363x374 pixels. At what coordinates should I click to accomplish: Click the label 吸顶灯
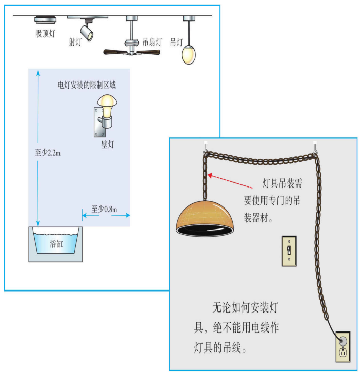(45, 33)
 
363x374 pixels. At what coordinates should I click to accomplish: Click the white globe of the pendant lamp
(189, 54)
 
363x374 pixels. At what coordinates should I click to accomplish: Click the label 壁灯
(108, 144)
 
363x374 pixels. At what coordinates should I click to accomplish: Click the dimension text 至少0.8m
(105, 209)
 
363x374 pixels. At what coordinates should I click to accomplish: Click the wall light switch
(289, 251)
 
